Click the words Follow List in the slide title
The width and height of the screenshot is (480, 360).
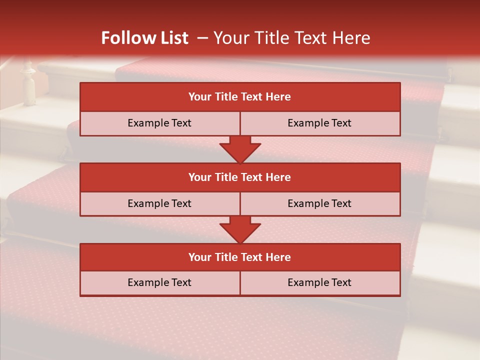click(x=144, y=38)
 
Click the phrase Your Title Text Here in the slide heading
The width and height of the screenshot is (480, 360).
click(x=291, y=38)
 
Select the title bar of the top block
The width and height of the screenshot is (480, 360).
click(x=240, y=97)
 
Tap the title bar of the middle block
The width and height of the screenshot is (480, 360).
click(x=240, y=177)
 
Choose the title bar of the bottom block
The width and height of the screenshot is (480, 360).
click(x=240, y=257)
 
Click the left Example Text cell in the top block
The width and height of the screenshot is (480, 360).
click(x=159, y=123)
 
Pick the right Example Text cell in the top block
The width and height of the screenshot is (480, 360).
click(x=320, y=123)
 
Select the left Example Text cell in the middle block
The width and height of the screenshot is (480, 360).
click(x=159, y=204)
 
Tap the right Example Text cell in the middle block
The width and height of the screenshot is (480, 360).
click(x=320, y=204)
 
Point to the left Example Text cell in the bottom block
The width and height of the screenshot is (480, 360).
click(x=159, y=283)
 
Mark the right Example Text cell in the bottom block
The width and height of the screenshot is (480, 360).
click(x=320, y=283)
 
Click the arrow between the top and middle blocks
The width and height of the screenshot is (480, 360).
click(x=240, y=149)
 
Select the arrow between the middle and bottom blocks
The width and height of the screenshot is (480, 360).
click(x=240, y=229)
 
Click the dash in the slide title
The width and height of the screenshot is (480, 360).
click(x=202, y=38)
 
